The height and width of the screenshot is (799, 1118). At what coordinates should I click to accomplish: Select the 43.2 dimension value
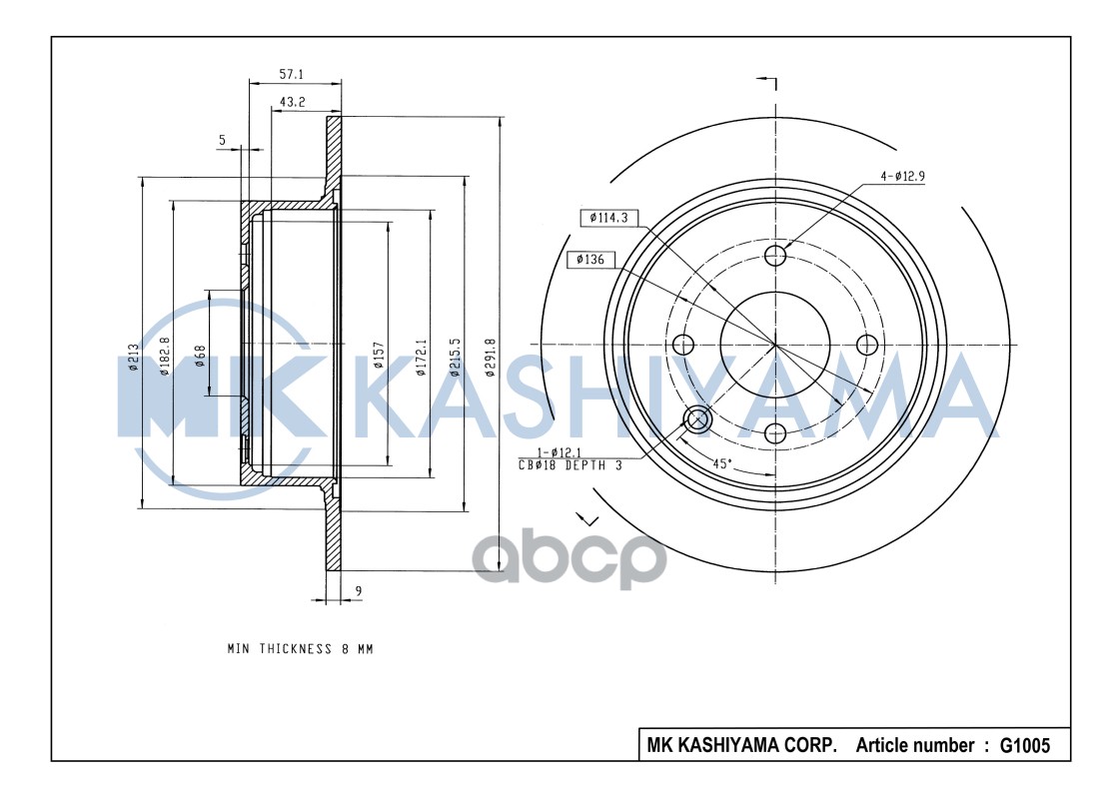click(x=292, y=102)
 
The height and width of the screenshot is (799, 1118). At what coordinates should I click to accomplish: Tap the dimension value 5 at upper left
click(x=222, y=141)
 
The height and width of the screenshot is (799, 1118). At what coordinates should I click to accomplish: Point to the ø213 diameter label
click(x=133, y=357)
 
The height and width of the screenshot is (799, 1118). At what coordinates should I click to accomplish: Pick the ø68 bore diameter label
click(x=200, y=357)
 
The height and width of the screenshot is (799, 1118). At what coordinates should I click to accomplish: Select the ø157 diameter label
click(x=379, y=357)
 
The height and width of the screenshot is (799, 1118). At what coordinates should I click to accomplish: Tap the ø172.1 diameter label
click(x=421, y=357)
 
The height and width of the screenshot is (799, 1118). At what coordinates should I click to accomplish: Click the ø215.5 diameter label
click(x=456, y=357)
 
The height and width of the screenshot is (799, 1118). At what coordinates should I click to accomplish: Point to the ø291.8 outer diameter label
click(x=490, y=357)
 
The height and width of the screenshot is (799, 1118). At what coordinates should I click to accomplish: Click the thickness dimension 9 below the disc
click(x=358, y=592)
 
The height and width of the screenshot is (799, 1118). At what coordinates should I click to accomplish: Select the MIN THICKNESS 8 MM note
click(x=300, y=649)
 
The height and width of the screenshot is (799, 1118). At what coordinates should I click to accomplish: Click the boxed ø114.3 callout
click(x=608, y=218)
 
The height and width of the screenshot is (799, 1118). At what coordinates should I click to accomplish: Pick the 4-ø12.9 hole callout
click(x=903, y=176)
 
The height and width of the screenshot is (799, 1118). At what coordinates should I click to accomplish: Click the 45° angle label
click(x=721, y=463)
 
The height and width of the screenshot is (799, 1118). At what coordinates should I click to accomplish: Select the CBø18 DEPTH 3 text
click(x=569, y=465)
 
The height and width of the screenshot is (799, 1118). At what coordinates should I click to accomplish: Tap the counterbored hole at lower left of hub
click(x=695, y=420)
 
